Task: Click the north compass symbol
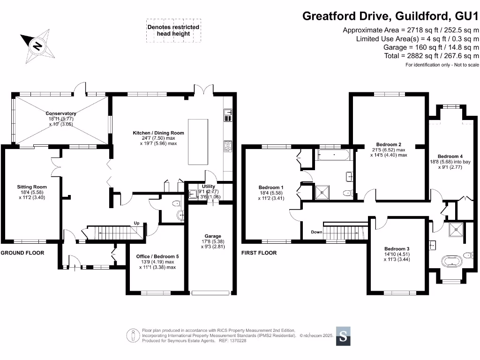(37, 45)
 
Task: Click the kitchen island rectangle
(198, 142)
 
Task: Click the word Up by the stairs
(137, 223)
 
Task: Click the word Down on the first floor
(316, 232)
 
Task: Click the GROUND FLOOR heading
(22, 253)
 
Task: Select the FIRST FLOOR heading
(259, 253)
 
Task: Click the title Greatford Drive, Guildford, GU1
(390, 16)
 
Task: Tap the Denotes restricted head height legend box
(173, 30)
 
